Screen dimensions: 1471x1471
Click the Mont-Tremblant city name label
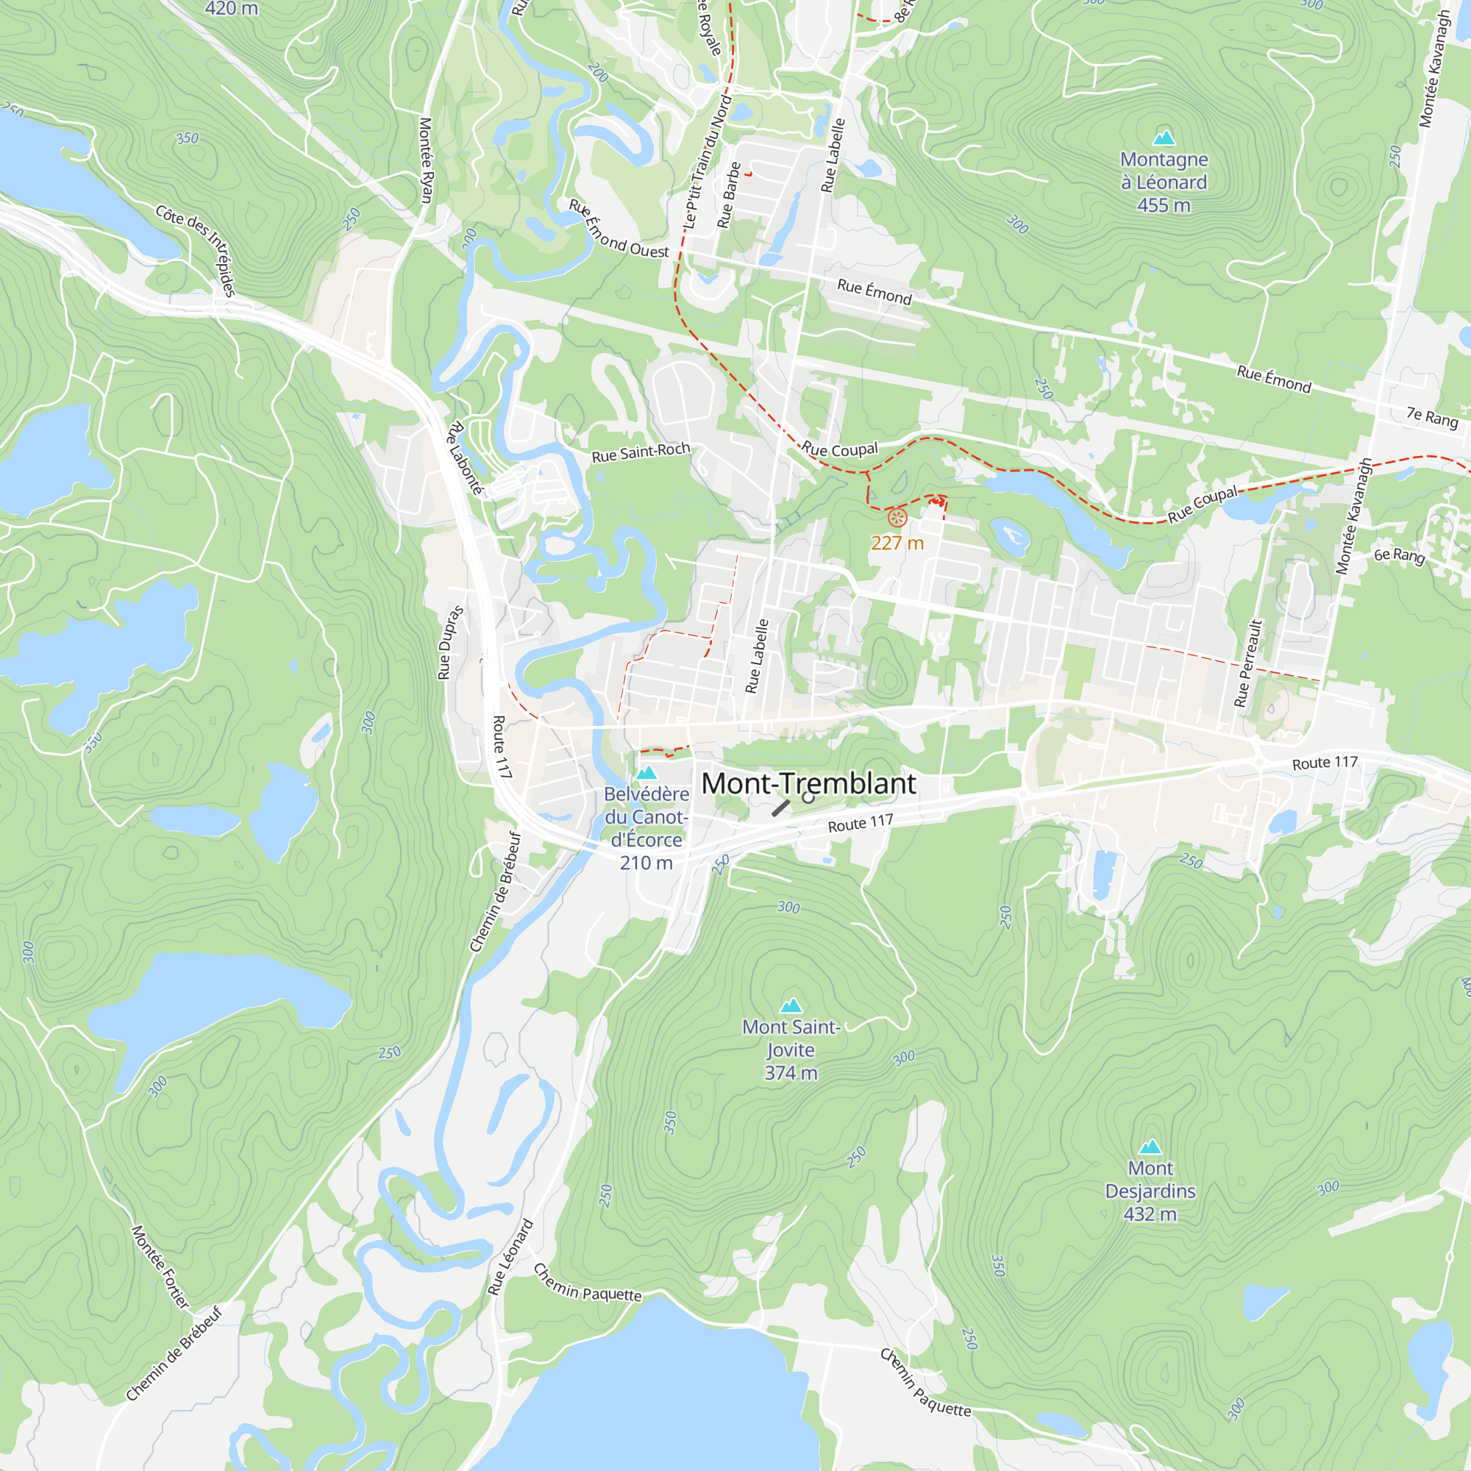click(808, 783)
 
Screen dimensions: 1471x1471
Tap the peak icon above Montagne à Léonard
click(1164, 138)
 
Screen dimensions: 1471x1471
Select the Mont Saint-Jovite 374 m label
click(791, 1050)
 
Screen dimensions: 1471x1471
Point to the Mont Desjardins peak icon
click(1150, 1147)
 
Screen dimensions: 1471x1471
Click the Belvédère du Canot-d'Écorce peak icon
click(647, 773)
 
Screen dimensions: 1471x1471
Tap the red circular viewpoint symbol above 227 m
click(897, 519)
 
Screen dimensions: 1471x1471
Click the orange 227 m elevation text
click(897, 543)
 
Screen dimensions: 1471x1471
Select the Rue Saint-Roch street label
click(641, 452)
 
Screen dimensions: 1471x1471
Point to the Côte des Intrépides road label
click(196, 250)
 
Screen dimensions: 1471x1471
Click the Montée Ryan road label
click(427, 160)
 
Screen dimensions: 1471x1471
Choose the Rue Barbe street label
click(729, 195)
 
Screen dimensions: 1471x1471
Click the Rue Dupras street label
click(450, 642)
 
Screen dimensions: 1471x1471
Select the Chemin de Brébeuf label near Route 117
click(496, 891)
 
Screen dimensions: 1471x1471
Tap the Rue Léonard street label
click(511, 1257)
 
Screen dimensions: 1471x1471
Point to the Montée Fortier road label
click(160, 1267)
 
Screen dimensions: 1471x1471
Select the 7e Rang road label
click(1431, 417)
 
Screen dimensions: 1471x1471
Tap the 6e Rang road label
click(1399, 555)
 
